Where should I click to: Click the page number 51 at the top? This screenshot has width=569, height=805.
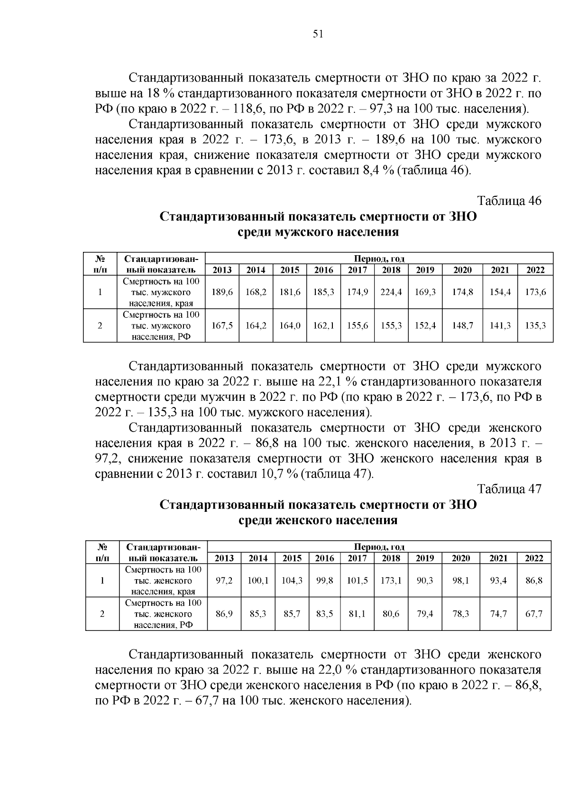318,34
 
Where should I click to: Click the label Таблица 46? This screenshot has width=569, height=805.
509,201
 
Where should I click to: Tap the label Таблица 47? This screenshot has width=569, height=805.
509,489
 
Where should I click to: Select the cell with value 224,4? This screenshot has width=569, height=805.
391,292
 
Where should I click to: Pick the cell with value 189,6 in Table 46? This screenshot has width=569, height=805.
222,292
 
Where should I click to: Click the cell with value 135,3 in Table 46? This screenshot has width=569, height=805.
536,325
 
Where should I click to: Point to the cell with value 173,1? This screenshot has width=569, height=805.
391,581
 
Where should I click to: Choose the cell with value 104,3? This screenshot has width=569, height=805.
292,581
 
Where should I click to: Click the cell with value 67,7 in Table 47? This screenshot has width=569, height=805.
534,613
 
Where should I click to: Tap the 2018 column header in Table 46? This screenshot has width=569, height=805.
391,270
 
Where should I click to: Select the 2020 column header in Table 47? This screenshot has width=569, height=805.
460,558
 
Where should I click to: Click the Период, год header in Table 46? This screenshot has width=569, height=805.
379,259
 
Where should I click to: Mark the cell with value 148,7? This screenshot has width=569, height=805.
462,325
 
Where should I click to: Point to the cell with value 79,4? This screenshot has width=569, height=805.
424,613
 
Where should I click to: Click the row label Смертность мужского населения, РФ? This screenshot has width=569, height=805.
161,325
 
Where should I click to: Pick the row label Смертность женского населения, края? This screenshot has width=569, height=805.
163,581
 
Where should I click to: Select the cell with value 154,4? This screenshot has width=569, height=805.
500,292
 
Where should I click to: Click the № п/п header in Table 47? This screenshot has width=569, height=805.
102,552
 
